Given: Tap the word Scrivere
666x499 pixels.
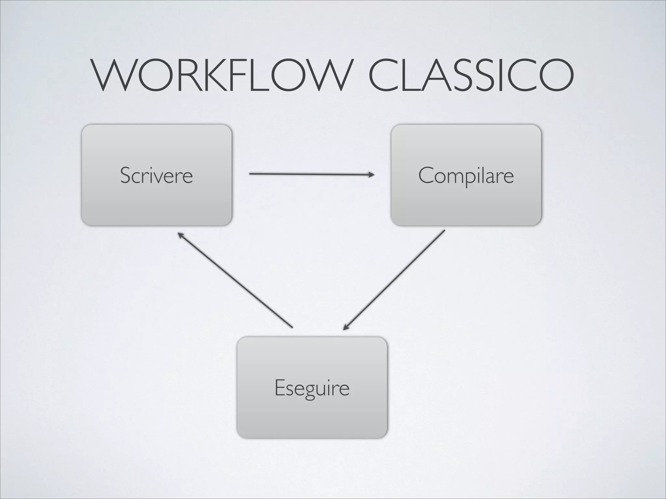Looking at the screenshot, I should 156,175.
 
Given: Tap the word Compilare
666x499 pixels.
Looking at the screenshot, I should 466,176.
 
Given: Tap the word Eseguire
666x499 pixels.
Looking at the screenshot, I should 312,388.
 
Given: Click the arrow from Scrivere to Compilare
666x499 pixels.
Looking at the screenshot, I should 309,174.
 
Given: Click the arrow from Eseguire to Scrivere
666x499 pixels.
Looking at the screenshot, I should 236,280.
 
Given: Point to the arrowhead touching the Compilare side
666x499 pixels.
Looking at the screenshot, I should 372,175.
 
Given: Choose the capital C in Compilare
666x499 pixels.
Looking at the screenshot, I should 426,175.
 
